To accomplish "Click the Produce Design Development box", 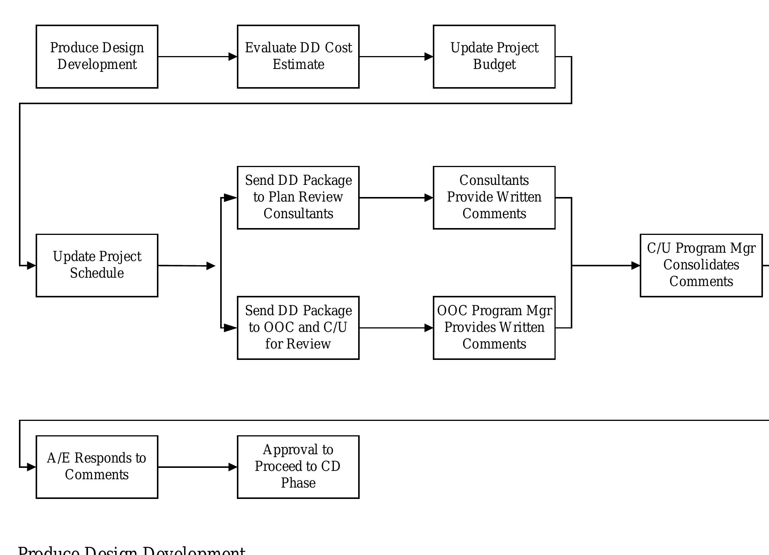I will tap(97, 56).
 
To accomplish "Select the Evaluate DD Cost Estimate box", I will tap(298, 56).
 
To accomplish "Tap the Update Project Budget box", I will tap(494, 56).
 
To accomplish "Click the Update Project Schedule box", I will tap(97, 265).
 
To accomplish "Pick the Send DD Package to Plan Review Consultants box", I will tap(298, 197).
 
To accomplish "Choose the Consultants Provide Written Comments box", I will tap(494, 197).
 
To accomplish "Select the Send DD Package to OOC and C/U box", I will tap(298, 328).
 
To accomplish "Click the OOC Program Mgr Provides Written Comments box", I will tap(494, 328).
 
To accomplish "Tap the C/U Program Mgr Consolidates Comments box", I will tap(701, 265).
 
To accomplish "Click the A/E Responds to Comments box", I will tap(97, 467).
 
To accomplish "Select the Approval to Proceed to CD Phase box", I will tap(298, 467).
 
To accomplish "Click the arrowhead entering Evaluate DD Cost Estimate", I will tap(233, 57).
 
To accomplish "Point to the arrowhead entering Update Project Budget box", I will tap(429, 57).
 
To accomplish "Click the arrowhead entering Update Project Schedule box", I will tap(31, 266).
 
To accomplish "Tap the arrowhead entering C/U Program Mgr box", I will tap(636, 266).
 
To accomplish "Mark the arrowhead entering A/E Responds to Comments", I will tap(31, 467).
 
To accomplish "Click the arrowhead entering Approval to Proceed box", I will tap(233, 467).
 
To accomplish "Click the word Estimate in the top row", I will tap(298, 65).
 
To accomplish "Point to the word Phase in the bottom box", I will tap(298, 483).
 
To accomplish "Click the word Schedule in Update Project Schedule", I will tap(97, 273).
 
